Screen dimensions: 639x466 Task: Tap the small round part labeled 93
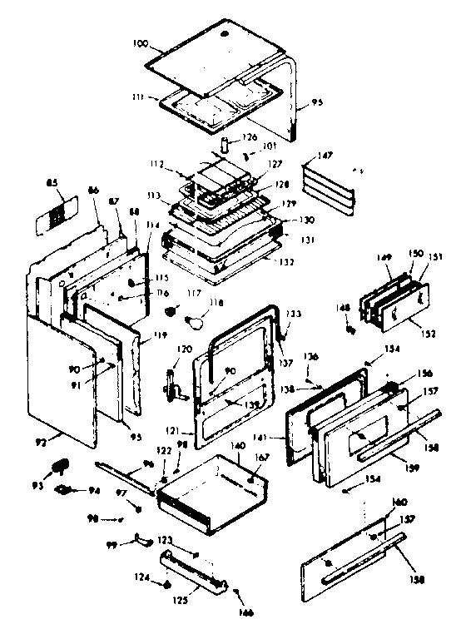pyautogui.click(x=62, y=466)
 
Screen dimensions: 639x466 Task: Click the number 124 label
pyautogui.click(x=143, y=577)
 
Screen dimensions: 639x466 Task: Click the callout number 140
pyautogui.click(x=238, y=447)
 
